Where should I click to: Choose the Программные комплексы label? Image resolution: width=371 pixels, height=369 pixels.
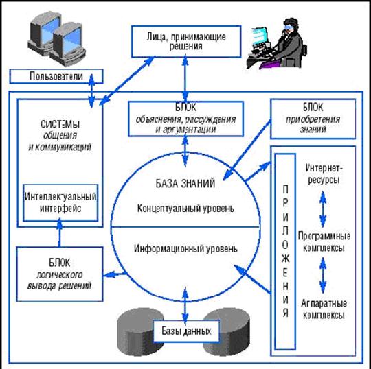point(322,241)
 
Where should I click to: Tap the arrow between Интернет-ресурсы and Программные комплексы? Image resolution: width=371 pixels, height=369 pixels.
point(322,204)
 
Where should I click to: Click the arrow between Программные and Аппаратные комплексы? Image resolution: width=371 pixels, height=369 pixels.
point(322,274)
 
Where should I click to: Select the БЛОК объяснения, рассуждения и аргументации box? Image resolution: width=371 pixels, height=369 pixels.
point(184,118)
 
